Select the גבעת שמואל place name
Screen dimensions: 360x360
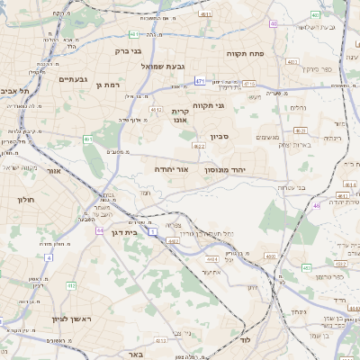[164, 67]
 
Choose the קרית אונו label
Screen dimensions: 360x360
[179, 115]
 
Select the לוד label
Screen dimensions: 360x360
[245, 341]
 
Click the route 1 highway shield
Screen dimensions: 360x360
[153, 231]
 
